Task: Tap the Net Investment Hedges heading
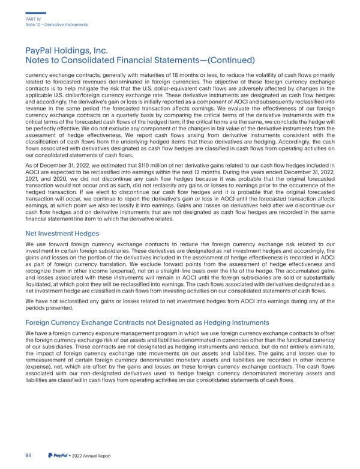tap(62, 233)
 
